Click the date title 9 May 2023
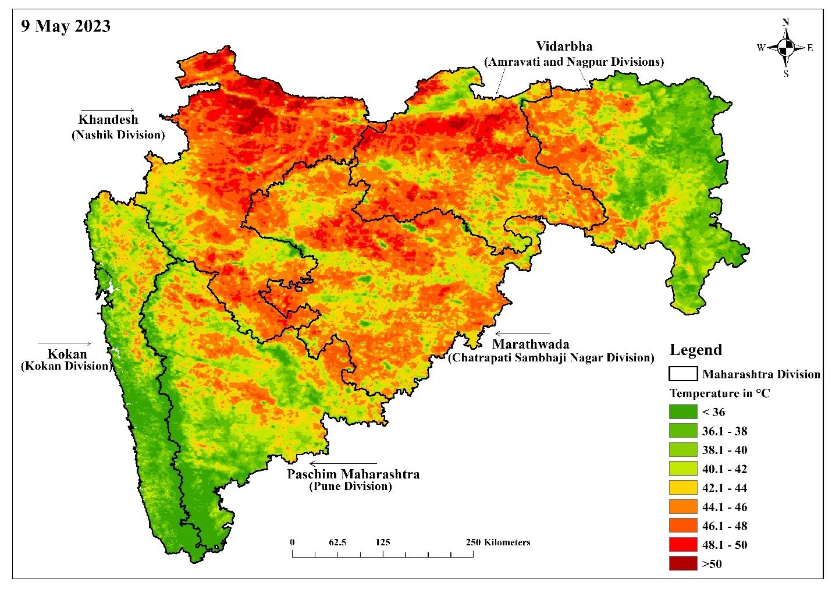tap(66, 26)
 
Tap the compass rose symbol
tap(785, 48)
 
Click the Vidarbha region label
tap(564, 47)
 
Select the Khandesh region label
tap(108, 120)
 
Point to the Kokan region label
tap(67, 354)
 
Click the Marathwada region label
tap(530, 344)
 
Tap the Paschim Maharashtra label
tap(353, 474)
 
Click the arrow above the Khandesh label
tap(107, 110)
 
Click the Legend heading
tap(695, 350)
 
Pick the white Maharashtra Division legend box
tap(683, 374)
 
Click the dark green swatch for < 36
tap(682, 412)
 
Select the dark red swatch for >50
tap(682, 563)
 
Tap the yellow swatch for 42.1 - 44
tap(682, 488)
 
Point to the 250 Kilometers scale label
tap(498, 542)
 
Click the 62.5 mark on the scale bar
tap(337, 542)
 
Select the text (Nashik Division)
tap(118, 135)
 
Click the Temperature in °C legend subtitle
tap(719, 393)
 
